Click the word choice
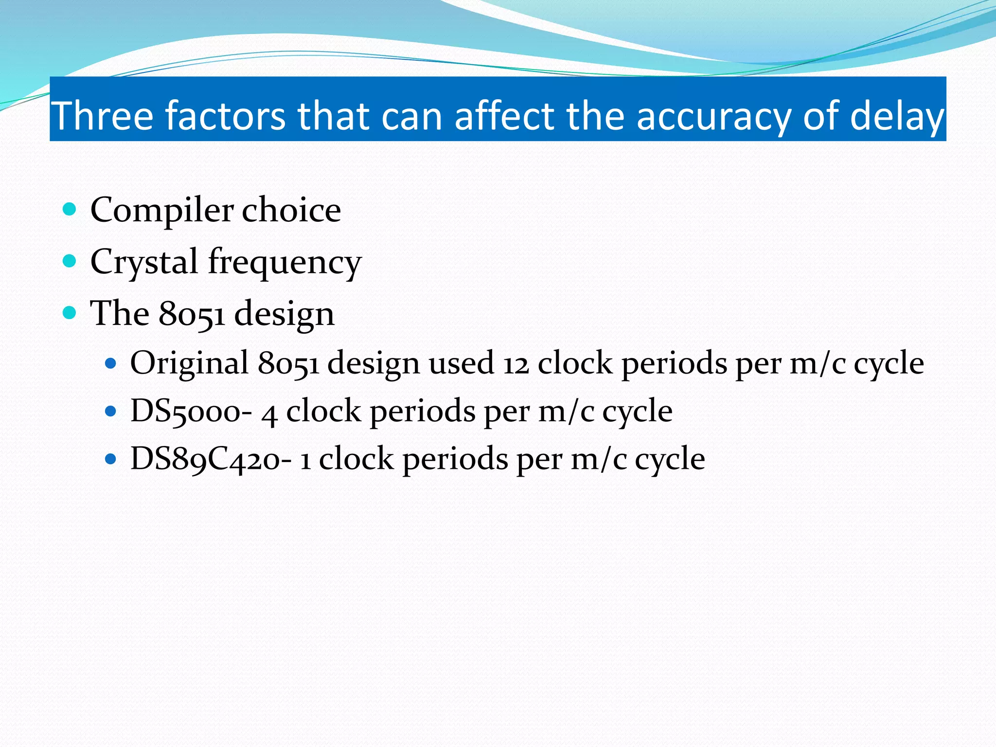tap(291, 210)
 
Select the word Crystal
tap(144, 262)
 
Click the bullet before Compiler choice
tap(70, 210)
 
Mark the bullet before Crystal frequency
tap(70, 261)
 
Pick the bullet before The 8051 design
tap(70, 313)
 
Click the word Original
tap(190, 364)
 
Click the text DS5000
tap(185, 411)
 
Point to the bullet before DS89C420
tap(111, 459)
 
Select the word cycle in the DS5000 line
tap(638, 412)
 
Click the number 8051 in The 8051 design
tap(192, 314)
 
